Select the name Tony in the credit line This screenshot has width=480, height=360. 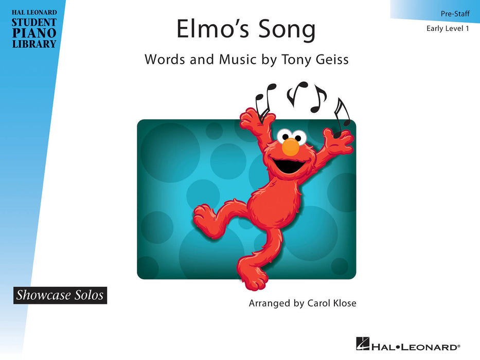[x=294, y=59]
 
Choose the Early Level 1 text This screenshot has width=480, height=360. [x=448, y=28]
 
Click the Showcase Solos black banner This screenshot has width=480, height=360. [x=60, y=295]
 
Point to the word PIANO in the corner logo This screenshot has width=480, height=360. [x=34, y=33]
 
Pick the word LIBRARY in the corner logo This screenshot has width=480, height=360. [x=34, y=43]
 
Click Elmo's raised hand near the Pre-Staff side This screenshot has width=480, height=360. [x=340, y=139]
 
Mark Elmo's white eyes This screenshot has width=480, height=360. [x=291, y=136]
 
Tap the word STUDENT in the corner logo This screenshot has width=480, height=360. [x=34, y=23]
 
